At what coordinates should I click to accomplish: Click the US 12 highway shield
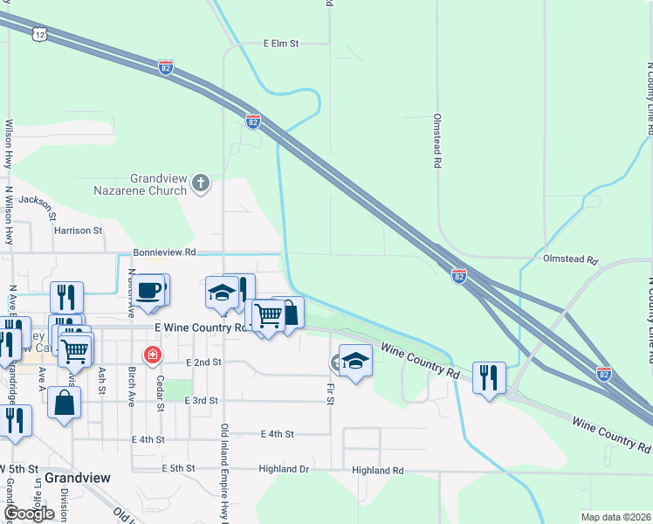[x=38, y=33]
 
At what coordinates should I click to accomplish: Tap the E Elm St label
[x=281, y=42]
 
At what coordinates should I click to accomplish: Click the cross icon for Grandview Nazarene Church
[x=201, y=183]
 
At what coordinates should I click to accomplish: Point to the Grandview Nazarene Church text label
[x=158, y=183]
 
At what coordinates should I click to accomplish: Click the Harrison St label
[x=78, y=231]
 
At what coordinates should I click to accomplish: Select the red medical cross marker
[x=153, y=355]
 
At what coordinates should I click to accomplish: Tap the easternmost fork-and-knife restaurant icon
[x=487, y=377]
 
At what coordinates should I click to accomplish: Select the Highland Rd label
[x=377, y=470]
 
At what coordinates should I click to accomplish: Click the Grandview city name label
[x=77, y=478]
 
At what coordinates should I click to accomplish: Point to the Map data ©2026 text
[x=615, y=517]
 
